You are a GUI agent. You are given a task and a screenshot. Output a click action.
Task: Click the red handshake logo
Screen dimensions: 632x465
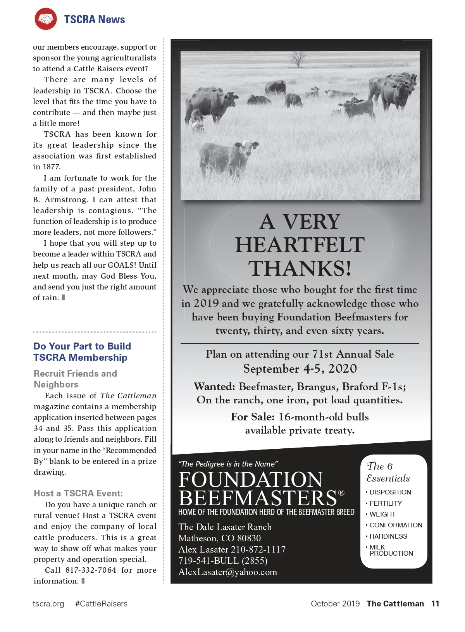pyautogui.click(x=45, y=19)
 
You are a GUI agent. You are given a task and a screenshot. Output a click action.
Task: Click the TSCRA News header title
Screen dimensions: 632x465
pyautogui.click(x=95, y=19)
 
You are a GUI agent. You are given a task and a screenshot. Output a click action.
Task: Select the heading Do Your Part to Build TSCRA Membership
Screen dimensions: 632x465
pyautogui.click(x=82, y=352)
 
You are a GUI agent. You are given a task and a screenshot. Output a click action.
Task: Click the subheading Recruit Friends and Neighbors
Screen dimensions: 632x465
pyautogui.click(x=75, y=379)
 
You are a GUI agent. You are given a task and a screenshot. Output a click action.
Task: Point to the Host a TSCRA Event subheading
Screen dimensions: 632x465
pyautogui.click(x=78, y=493)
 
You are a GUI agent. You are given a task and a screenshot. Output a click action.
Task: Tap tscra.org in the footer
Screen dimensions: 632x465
pyautogui.click(x=48, y=604)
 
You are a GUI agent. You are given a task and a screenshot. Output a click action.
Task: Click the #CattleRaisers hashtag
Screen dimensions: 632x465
pyautogui.click(x=101, y=604)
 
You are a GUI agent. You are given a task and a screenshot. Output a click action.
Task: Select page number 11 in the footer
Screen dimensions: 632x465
pyautogui.click(x=435, y=604)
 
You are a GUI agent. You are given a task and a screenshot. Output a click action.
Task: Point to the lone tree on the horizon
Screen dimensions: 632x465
pyautogui.click(x=298, y=59)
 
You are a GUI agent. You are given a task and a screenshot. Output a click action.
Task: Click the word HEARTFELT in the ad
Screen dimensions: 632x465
pyautogui.click(x=300, y=245)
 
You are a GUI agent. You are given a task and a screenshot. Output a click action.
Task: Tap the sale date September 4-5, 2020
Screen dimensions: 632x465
pyautogui.click(x=300, y=369)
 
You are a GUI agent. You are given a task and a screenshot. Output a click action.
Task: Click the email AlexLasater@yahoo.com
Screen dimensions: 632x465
pyautogui.click(x=228, y=572)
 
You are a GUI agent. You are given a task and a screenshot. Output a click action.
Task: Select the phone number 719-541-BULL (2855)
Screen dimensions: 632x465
pyautogui.click(x=223, y=561)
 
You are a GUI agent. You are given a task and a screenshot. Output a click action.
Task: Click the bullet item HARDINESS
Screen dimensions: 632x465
pyautogui.click(x=388, y=536)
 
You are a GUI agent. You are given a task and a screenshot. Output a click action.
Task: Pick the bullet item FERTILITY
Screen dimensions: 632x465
pyautogui.click(x=386, y=503)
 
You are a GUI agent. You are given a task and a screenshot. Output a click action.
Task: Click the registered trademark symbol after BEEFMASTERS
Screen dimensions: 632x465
pyautogui.click(x=341, y=493)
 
